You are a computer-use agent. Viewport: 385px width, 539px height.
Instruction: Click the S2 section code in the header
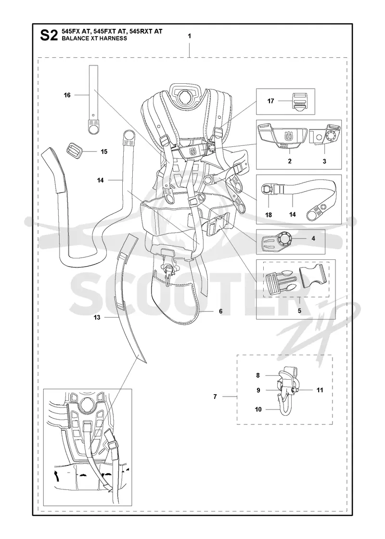tap(49, 35)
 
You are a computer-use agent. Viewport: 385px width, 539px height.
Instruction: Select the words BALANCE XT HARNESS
tap(94, 38)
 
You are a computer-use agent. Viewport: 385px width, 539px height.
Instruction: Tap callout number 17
tap(270, 101)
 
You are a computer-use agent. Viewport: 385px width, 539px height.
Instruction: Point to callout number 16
tap(67, 95)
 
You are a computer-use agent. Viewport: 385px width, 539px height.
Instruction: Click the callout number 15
tap(104, 152)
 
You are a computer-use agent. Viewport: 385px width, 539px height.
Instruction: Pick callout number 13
tap(97, 317)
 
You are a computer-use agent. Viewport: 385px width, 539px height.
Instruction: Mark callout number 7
tap(215, 397)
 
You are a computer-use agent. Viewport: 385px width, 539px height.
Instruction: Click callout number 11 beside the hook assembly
tap(320, 390)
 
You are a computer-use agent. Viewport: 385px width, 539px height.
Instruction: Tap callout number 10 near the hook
tap(258, 410)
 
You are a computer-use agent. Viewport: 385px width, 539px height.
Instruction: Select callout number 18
tap(269, 215)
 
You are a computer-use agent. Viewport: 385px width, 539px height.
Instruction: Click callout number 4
tap(313, 238)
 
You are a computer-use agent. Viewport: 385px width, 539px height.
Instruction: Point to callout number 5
tap(299, 310)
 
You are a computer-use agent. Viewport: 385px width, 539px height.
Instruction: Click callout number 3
tap(324, 161)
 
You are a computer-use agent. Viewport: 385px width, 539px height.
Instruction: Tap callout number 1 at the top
tap(190, 36)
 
